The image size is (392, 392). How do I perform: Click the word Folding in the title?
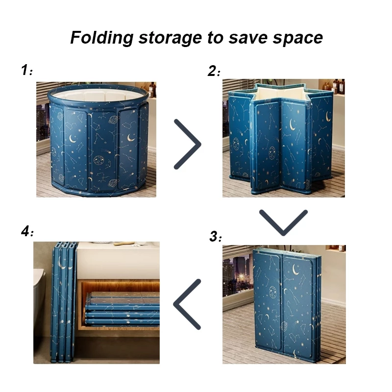pos(101,38)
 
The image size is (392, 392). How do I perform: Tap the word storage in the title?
pos(170,38)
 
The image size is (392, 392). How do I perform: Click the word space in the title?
pos(298,39)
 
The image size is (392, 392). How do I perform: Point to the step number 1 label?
pos(27,70)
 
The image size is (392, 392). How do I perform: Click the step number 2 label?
pos(214,71)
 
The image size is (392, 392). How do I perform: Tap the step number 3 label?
pos(216,236)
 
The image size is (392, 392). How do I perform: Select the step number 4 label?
pos(27,231)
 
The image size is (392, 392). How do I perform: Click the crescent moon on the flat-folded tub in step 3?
pos(296,269)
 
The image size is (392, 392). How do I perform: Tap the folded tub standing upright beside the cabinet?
pos(64,302)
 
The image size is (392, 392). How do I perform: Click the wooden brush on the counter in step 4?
pos(124,243)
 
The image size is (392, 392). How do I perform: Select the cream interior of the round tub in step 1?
pos(98,95)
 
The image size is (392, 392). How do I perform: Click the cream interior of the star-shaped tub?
pos(281,93)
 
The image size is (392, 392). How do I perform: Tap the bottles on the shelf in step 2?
pos(335,86)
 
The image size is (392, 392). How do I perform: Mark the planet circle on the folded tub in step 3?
pos(272,292)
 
